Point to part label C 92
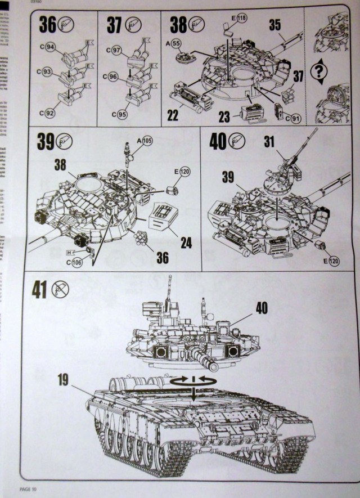tap(47, 113)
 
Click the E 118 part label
tap(240, 19)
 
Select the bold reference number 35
tap(275, 25)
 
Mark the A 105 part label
tap(145, 140)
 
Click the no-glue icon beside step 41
tap(60, 290)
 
